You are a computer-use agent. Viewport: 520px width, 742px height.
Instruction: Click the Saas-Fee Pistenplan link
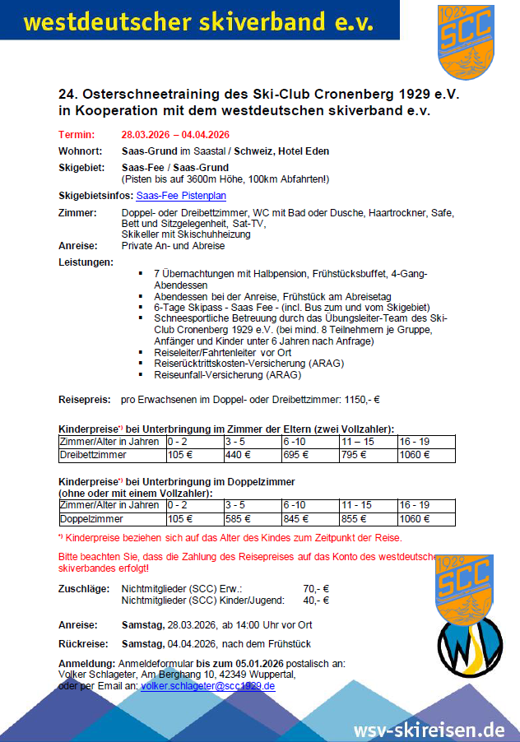(181, 196)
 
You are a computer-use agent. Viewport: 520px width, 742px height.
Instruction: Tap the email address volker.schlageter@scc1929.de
(207, 685)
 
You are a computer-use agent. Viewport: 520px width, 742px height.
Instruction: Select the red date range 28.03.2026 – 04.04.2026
(174, 135)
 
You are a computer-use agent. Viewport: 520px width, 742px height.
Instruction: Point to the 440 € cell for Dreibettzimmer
(237, 455)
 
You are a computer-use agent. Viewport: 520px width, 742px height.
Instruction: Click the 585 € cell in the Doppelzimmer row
(237, 519)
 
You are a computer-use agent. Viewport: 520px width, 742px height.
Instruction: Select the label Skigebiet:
(81, 167)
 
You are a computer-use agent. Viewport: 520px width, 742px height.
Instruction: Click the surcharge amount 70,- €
(316, 589)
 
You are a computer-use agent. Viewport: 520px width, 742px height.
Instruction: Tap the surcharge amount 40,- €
(316, 601)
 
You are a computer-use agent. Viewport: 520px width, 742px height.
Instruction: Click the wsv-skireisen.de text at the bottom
(429, 729)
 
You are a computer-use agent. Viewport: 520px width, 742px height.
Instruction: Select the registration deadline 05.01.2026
(250, 663)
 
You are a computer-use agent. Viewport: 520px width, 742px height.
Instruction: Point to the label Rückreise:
(79, 643)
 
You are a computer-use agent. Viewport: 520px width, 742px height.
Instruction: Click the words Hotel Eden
(307, 151)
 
